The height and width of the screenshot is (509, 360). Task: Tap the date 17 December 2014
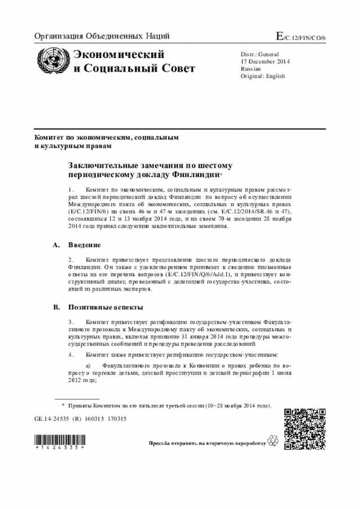(265, 61)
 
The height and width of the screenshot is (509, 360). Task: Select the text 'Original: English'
(263, 76)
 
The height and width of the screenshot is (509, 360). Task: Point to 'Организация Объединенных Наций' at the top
(102, 37)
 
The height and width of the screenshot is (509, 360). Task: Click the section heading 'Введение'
(84, 246)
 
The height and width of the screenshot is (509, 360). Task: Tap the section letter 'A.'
(56, 246)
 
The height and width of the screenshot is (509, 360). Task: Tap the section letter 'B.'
(56, 307)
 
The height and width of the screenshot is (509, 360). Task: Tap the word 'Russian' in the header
(250, 69)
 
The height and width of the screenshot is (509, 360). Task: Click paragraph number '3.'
(71, 322)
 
